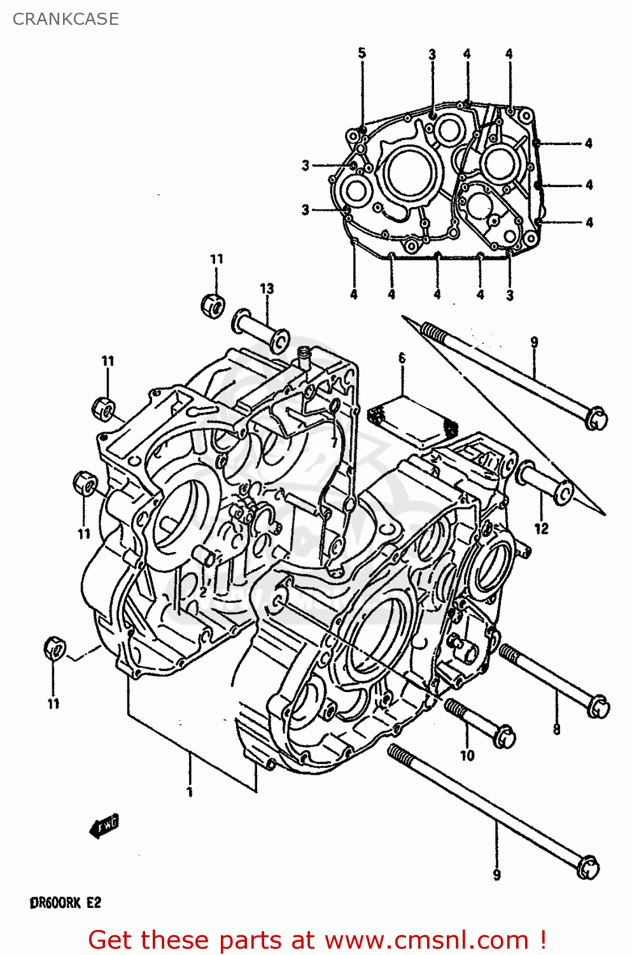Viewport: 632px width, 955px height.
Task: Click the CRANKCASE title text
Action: [x=66, y=19]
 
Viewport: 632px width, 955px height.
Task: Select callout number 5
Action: [x=362, y=53]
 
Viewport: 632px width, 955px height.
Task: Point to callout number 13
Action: [x=267, y=288]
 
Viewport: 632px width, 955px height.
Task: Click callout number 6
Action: [x=402, y=358]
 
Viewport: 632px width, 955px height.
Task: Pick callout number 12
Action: [x=541, y=528]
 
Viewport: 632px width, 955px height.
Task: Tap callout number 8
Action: [x=557, y=729]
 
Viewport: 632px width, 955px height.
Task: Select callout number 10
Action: [x=467, y=755]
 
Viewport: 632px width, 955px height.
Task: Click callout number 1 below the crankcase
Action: [x=189, y=791]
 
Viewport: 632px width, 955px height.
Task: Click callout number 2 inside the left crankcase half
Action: [x=202, y=591]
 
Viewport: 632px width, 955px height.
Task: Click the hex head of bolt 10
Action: [x=504, y=736]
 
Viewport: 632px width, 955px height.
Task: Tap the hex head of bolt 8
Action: [x=598, y=706]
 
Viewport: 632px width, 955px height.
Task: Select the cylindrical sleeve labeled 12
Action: [x=545, y=484]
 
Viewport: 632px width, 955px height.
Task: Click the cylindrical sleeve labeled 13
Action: [x=261, y=330]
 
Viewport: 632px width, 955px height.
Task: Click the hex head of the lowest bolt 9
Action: [x=588, y=867]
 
